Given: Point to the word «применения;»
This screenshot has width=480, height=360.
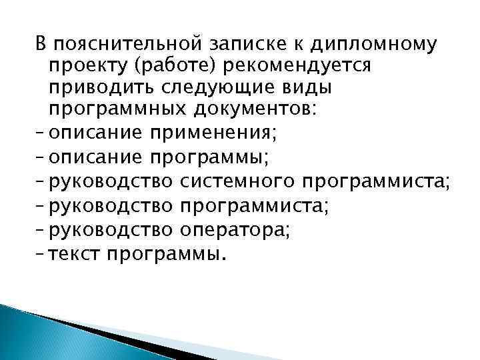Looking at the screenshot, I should coord(212,134).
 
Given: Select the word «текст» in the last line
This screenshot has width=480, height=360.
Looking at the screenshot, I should coord(77,253).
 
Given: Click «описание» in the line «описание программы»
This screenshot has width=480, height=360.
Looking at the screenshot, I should coord(96,158).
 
